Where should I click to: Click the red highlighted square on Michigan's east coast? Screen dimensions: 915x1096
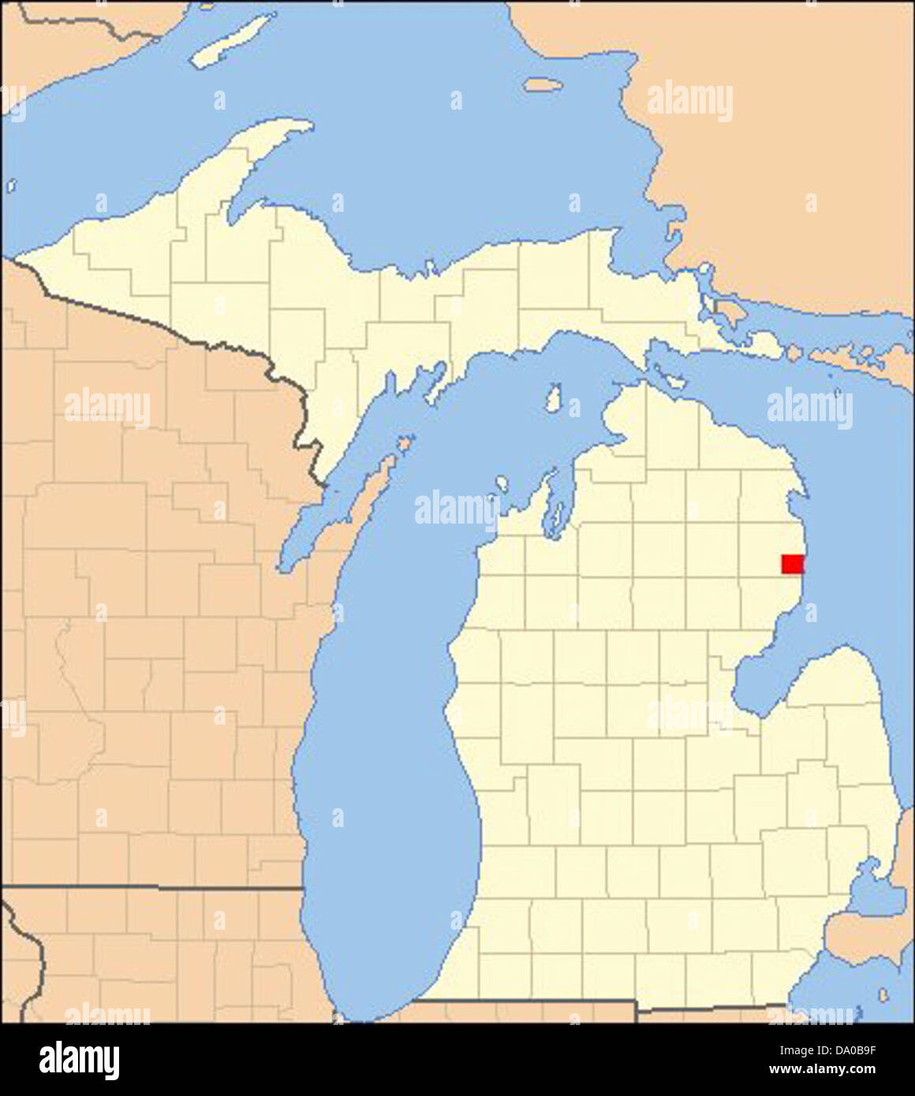tap(792, 564)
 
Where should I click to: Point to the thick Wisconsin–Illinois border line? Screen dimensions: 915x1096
tap(158, 887)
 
